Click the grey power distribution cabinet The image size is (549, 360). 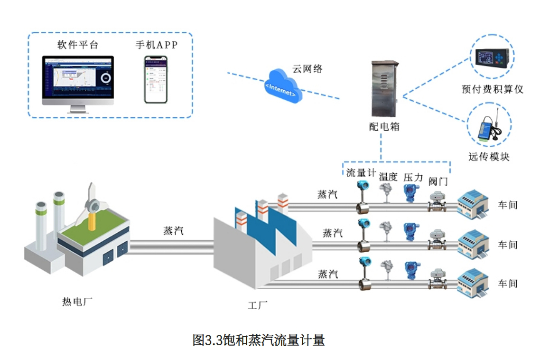tap(383, 89)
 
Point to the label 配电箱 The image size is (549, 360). tap(384, 127)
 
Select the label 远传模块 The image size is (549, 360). tap(489, 156)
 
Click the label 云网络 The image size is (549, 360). tap(307, 69)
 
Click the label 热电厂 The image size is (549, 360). tap(77, 301)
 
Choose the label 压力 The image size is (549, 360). tap(413, 178)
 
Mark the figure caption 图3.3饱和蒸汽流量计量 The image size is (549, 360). tap(258, 340)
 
